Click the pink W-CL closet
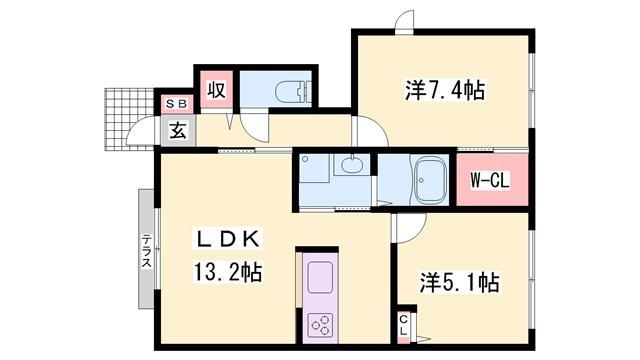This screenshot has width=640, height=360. [x=491, y=181]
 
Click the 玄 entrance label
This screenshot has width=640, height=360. [x=176, y=130]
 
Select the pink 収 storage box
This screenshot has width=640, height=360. [x=214, y=89]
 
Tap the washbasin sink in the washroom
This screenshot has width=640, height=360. [x=349, y=167]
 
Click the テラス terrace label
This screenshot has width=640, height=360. [x=146, y=251]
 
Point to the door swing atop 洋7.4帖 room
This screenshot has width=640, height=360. [x=405, y=22]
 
